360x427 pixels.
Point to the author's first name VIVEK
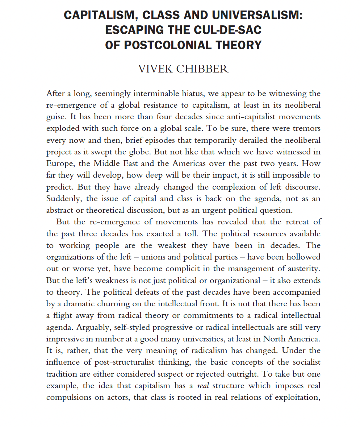(x=155, y=69)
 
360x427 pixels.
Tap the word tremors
(x=306, y=129)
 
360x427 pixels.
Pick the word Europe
(x=59, y=163)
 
